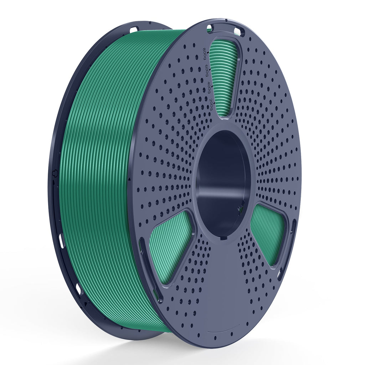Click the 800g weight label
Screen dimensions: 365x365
tap(205, 54)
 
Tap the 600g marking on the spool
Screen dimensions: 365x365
tap(207, 72)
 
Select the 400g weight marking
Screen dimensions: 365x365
tap(209, 89)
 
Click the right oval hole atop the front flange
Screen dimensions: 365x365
tap(238, 32)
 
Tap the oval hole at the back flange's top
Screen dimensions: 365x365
tap(134, 29)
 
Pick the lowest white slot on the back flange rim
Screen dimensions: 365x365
tap(78, 289)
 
